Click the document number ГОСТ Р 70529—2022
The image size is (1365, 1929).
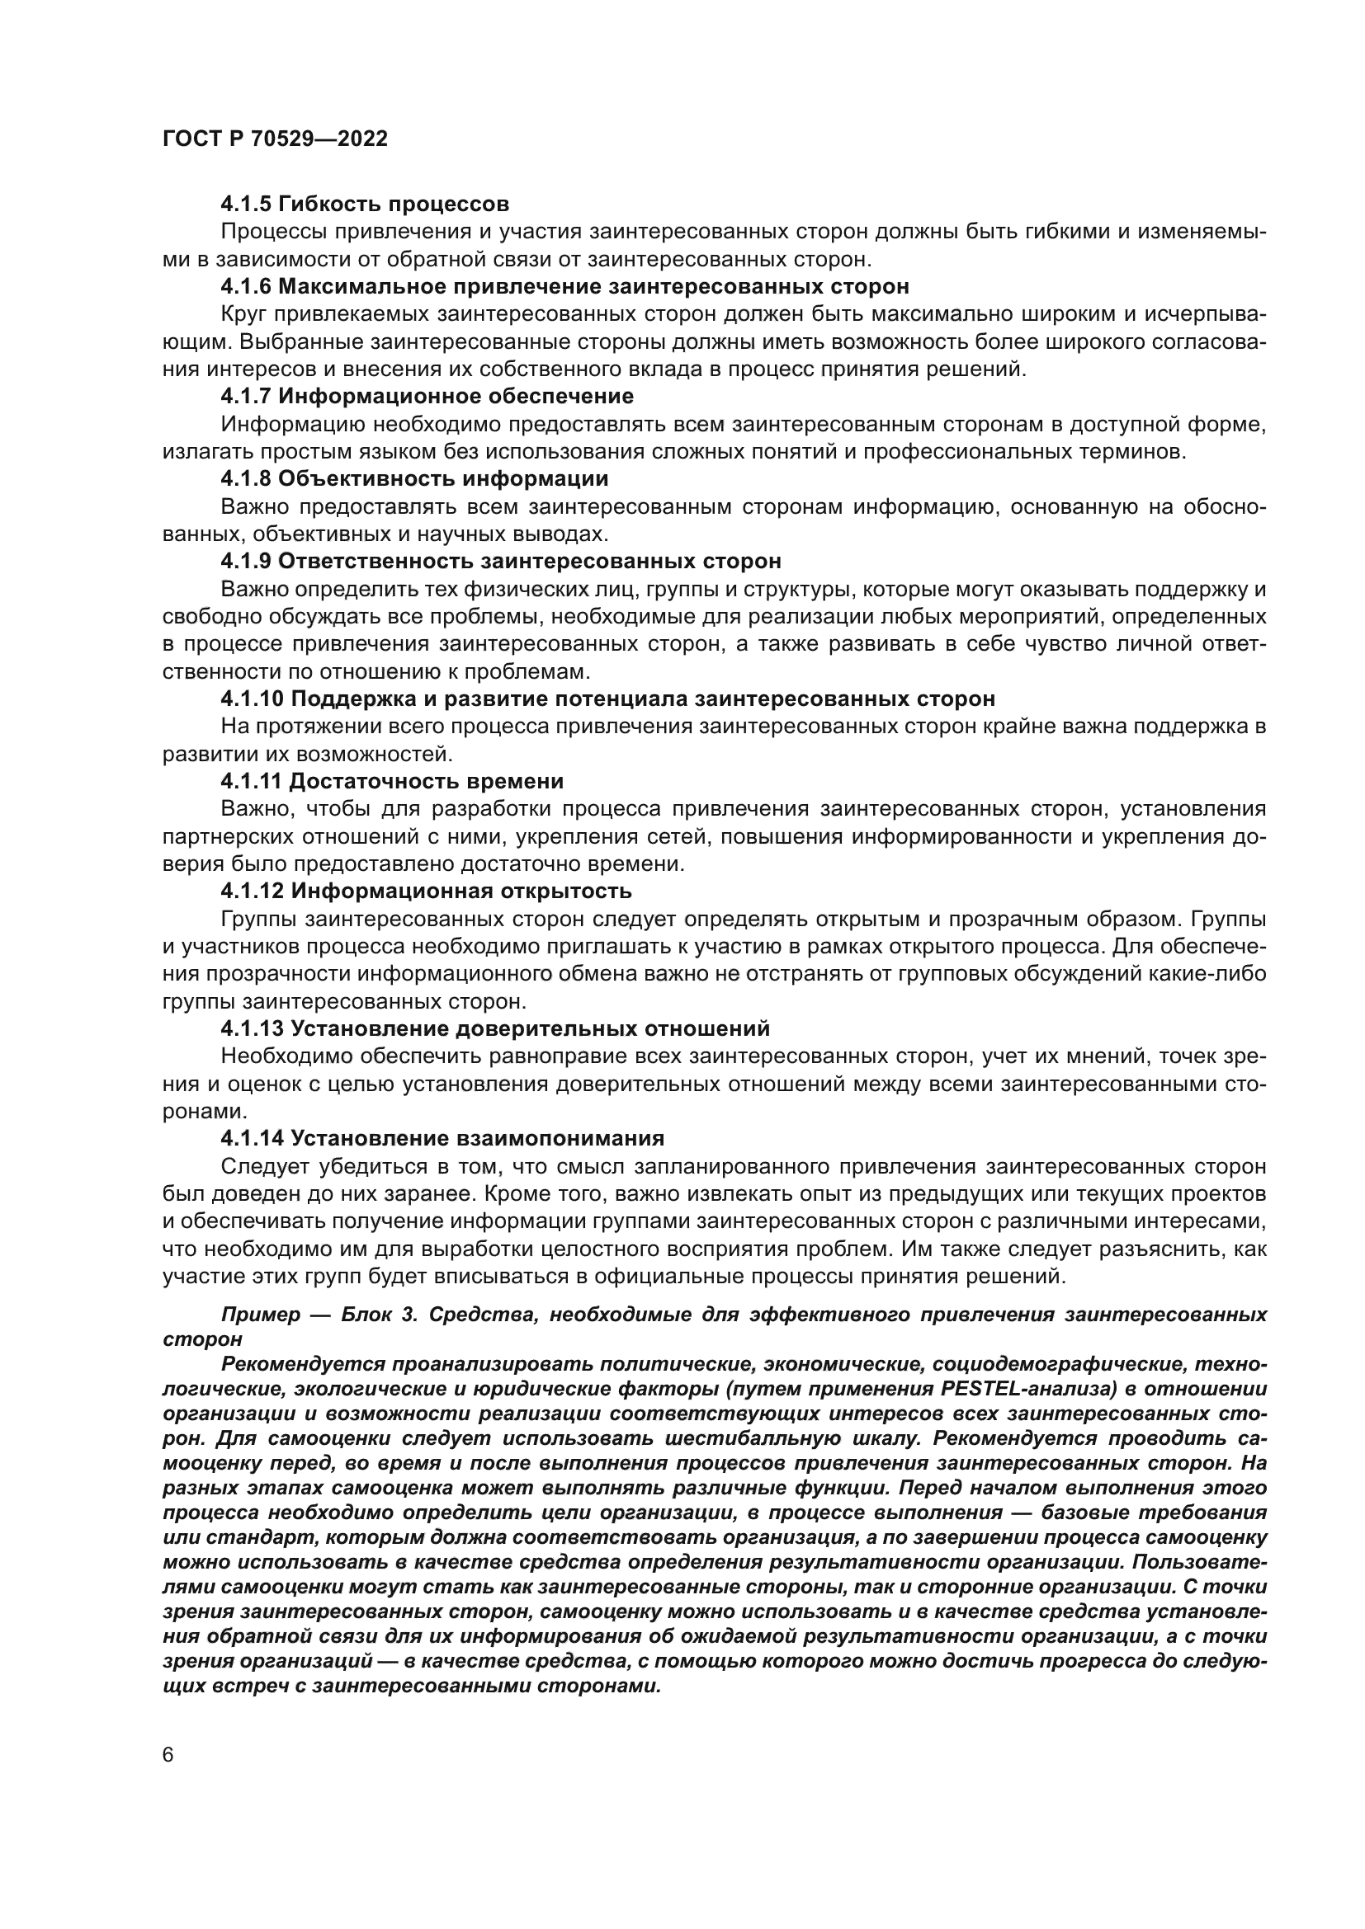tap(275, 139)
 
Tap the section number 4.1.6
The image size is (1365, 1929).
tap(245, 286)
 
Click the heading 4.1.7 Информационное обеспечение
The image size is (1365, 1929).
tap(427, 396)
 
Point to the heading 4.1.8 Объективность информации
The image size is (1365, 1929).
tap(414, 479)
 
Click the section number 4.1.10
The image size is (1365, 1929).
tap(252, 699)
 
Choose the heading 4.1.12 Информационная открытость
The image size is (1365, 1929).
tap(426, 890)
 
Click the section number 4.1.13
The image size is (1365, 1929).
tap(251, 1028)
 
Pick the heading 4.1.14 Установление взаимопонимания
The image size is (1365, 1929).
tap(442, 1138)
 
